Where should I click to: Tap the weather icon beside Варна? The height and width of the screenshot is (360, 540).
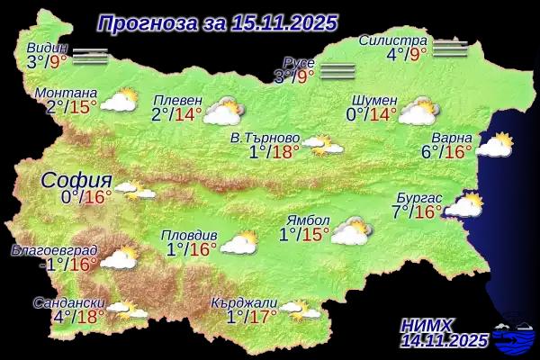pos(494,144)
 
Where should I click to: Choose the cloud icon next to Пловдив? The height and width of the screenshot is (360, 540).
pos(239,242)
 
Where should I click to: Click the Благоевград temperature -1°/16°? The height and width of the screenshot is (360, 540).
pos(68,264)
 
